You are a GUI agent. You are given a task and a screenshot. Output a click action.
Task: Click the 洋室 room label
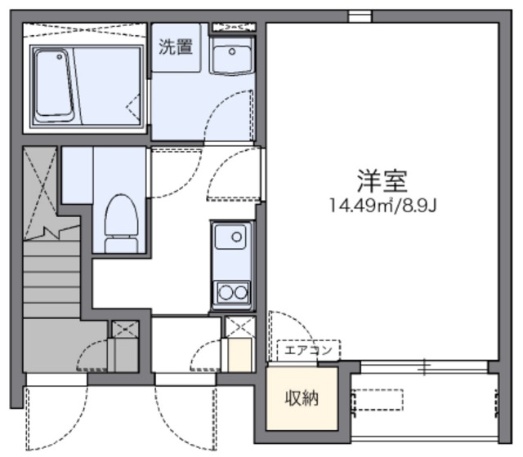click(x=382, y=179)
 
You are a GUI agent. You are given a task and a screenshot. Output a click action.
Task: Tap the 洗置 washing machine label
click(x=176, y=47)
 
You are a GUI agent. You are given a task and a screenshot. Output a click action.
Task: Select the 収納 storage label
click(x=302, y=399)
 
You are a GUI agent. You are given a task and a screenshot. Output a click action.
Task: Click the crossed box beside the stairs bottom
click(x=125, y=330)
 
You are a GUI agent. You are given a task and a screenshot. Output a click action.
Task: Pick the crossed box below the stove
click(x=239, y=328)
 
